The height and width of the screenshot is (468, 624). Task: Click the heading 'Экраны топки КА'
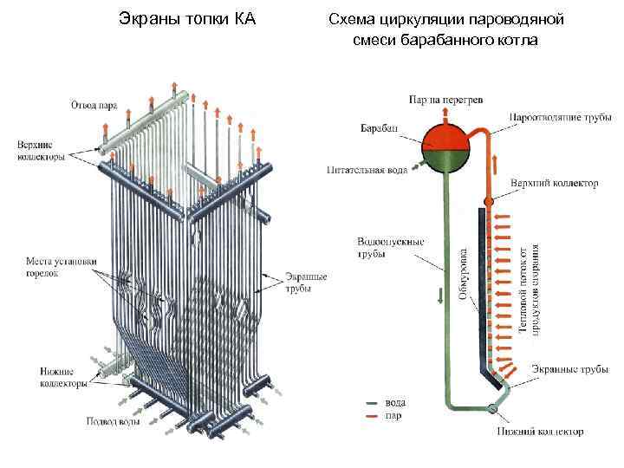186,17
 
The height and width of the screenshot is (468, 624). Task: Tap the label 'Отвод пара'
94,105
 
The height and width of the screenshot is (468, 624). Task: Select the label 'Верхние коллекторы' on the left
41,152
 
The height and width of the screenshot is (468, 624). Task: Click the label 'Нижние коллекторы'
63,377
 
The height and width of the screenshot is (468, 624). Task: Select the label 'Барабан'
380,128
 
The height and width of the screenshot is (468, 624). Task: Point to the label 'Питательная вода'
367,170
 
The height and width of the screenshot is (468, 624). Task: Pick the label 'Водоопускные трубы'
390,247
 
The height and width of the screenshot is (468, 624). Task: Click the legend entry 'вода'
395,403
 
